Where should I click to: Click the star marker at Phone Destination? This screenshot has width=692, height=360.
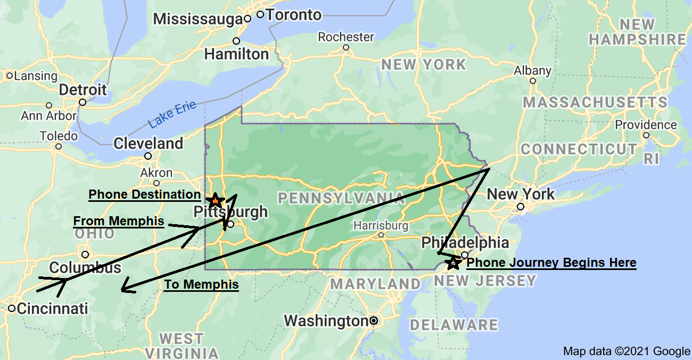[x=215, y=201]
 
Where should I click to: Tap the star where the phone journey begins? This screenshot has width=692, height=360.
[x=454, y=263]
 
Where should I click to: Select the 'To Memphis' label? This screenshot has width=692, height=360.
[x=201, y=284]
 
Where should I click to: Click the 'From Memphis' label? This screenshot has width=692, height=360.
[x=118, y=221]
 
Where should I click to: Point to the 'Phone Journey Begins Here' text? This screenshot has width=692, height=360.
[x=551, y=263]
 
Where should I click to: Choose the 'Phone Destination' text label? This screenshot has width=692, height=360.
[x=144, y=194]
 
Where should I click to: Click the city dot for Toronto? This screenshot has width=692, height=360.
[x=260, y=14]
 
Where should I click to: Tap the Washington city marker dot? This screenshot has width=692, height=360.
[x=374, y=321]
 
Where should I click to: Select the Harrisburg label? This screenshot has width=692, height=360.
[x=381, y=226]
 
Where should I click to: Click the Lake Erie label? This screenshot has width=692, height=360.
[x=172, y=114]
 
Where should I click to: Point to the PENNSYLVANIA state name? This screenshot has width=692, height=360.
[x=341, y=199]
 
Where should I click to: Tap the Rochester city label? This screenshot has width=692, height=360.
[x=346, y=37]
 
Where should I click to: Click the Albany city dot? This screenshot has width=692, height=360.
[x=533, y=81]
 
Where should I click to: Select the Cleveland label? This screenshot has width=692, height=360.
[x=148, y=143]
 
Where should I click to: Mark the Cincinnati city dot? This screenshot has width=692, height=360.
[x=12, y=308]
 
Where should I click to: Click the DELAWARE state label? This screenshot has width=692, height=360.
[x=454, y=324]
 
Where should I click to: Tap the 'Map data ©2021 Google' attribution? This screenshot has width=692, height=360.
[x=627, y=351]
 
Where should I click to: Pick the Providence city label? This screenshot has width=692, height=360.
[x=646, y=125]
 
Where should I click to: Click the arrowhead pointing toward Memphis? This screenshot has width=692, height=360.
[x=122, y=290]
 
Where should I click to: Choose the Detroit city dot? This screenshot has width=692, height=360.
[x=83, y=102]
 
